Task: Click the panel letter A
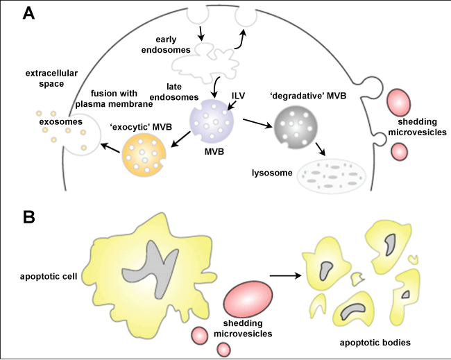[30, 13]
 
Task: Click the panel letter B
[29, 216]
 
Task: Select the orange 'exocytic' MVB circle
[146, 153]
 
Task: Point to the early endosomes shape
[204, 60]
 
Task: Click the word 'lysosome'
[271, 170]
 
